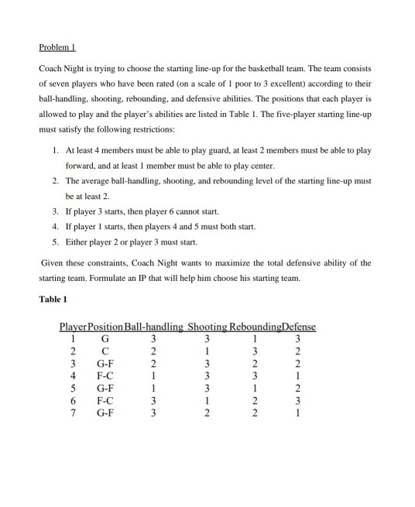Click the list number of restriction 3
(56, 210)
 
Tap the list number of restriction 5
(56, 241)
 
